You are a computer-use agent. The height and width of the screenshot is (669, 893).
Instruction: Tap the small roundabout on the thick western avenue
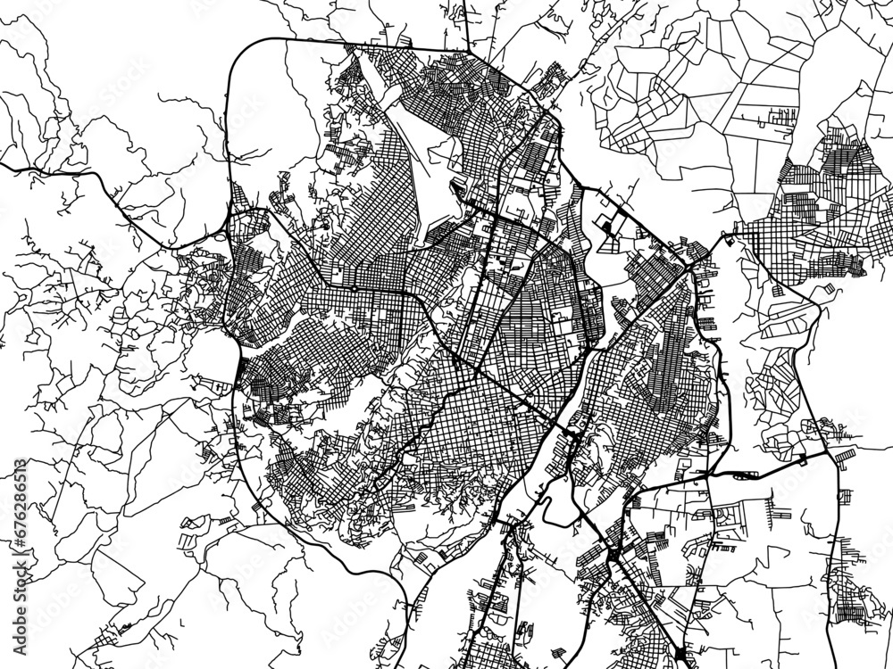pyautogui.click(x=354, y=289)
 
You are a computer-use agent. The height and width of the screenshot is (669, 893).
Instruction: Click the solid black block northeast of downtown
pyautogui.click(x=607, y=227)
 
